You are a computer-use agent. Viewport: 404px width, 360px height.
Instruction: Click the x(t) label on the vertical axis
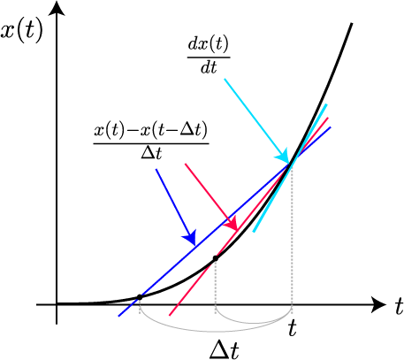(22, 31)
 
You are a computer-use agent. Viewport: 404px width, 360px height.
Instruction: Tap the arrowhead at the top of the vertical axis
(57, 8)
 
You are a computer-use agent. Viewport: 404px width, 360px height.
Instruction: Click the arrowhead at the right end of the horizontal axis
(378, 304)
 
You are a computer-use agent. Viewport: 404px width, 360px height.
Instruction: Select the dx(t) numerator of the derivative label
(209, 45)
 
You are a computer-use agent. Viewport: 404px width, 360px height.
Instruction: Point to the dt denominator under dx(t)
(209, 67)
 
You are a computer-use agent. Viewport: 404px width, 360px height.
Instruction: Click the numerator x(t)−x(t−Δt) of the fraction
(151, 130)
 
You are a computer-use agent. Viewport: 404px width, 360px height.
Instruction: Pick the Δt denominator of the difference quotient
(151, 153)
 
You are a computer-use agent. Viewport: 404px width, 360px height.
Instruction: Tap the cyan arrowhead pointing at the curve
(284, 156)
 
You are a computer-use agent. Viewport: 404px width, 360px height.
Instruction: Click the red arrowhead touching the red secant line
(232, 223)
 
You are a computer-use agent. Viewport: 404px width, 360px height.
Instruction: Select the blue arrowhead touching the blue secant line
(190, 238)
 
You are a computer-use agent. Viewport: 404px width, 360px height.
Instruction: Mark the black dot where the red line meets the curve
(216, 258)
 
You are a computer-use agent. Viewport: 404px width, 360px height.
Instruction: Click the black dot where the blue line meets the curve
(140, 297)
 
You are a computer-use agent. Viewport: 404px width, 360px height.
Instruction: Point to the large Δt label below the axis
(225, 350)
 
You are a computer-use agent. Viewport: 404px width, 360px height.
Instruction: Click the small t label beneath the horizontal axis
(293, 328)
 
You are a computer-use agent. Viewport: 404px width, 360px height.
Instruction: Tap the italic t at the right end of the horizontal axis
(399, 306)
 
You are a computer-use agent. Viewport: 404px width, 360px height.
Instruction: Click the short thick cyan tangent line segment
(290, 168)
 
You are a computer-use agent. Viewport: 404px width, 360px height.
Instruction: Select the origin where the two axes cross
(57, 304)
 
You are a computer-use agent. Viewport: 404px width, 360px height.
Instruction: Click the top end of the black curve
(352, 23)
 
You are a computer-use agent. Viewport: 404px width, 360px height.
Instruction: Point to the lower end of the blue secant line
(118, 317)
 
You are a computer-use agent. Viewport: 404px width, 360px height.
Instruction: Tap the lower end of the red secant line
(170, 316)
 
